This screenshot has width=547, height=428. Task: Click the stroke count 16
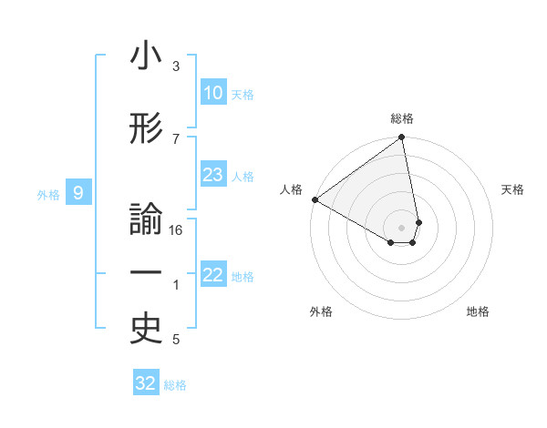(177, 230)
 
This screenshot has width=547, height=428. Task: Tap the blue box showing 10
(212, 94)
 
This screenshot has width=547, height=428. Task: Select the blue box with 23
(212, 176)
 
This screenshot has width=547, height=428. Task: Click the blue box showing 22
(212, 276)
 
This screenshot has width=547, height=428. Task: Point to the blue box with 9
(79, 193)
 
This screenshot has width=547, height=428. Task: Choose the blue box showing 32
(146, 383)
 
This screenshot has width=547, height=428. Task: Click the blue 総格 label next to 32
(175, 385)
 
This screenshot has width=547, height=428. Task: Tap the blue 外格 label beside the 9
(48, 194)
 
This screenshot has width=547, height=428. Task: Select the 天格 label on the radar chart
(513, 189)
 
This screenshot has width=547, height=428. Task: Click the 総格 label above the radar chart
(402, 118)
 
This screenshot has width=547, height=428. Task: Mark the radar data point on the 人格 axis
(314, 199)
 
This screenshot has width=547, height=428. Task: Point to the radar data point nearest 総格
(402, 138)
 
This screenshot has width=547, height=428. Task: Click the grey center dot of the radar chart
(402, 226)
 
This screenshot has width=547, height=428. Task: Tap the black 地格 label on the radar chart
(478, 311)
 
